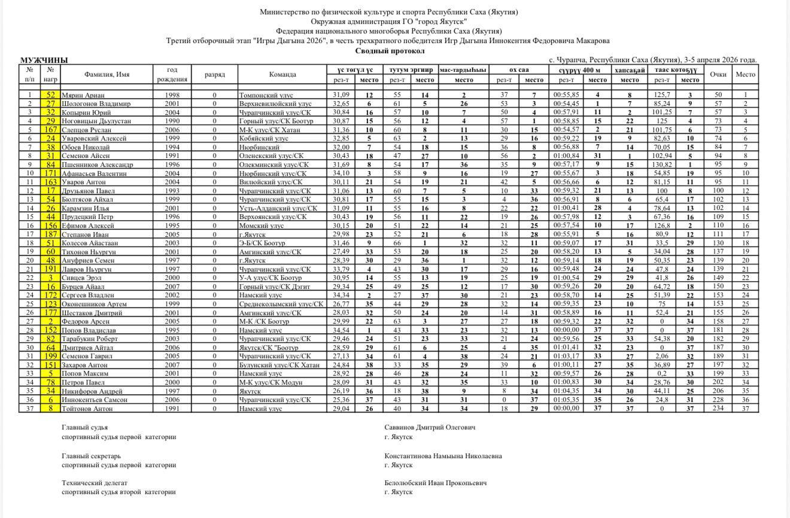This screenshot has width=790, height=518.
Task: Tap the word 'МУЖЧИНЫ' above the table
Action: point(44,60)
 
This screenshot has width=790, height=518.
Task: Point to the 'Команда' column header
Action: point(282,75)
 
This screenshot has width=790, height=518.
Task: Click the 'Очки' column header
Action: point(718,75)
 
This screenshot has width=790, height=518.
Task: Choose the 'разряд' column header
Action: point(214,75)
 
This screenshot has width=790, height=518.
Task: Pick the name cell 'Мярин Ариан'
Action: point(83,95)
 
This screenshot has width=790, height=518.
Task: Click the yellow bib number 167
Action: point(51,130)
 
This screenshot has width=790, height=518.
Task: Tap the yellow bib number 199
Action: point(51,356)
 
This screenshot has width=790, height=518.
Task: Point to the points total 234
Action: point(718,409)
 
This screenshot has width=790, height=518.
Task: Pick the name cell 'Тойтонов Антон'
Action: point(89,409)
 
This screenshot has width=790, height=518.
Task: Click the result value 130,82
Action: point(662,165)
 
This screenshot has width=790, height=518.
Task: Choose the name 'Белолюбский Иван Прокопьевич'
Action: point(435,483)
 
